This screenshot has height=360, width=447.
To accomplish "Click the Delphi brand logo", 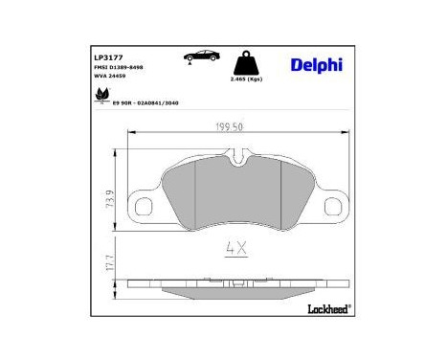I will (315, 64).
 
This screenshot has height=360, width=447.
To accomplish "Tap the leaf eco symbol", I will (98, 96).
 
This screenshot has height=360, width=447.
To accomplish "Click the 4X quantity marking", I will (235, 248).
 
